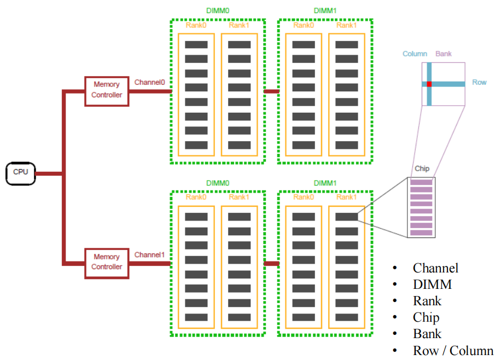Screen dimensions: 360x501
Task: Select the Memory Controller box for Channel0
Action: click(107, 90)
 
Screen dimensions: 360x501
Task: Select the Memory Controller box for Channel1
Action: click(107, 262)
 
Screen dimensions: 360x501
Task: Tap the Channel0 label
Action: click(150, 82)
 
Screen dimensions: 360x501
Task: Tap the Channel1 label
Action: click(150, 254)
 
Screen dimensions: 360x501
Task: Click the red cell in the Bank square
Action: click(429, 84)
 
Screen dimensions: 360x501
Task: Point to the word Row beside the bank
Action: click(479, 83)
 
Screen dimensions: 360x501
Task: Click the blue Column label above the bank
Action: click(415, 54)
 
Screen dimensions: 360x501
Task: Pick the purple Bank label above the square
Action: click(444, 54)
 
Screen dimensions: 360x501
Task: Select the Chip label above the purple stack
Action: click(422, 169)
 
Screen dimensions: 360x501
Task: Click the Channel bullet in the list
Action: click(435, 268)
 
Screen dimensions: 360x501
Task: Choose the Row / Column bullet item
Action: click(453, 351)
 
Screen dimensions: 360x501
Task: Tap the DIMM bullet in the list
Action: click(432, 284)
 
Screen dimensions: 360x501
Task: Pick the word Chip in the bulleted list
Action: click(426, 317)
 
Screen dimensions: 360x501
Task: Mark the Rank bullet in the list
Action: click(427, 301)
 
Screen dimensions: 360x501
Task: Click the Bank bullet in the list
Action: click(427, 334)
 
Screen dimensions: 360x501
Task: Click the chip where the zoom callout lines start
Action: click(346, 217)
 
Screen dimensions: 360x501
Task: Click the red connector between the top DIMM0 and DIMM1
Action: click(271, 91)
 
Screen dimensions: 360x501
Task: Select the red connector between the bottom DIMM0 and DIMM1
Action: click(271, 263)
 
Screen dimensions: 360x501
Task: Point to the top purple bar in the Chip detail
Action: click(422, 183)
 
